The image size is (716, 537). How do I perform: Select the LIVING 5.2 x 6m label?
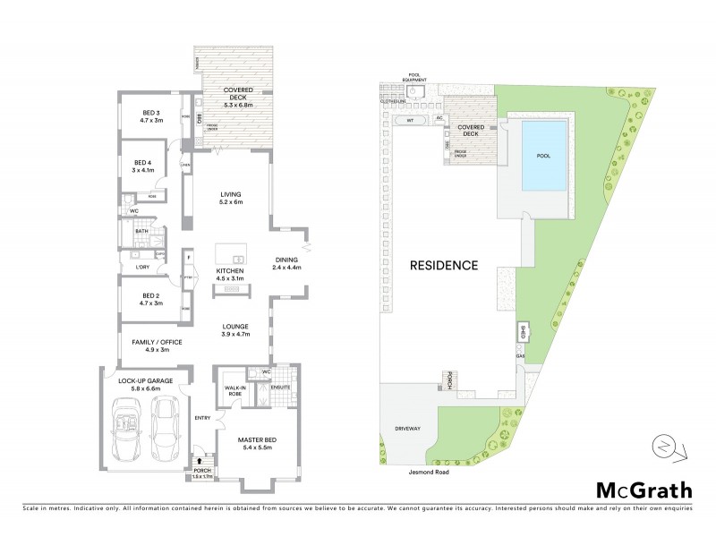click(x=232, y=199)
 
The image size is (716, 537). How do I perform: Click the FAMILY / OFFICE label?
click(x=144, y=345)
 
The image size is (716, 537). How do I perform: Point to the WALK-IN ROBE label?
click(x=235, y=389)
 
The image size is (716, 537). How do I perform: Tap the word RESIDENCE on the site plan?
click(x=444, y=266)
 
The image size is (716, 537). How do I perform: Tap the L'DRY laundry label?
click(x=141, y=267)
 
